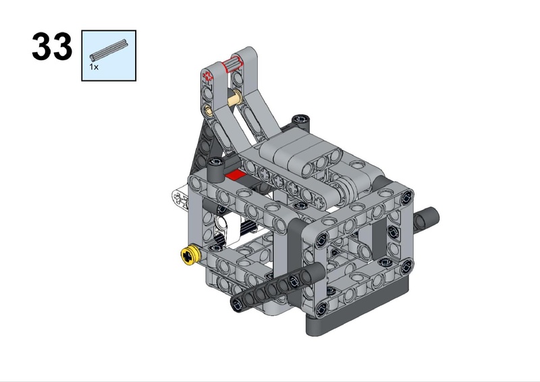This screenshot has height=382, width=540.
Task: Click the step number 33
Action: tap(52, 46)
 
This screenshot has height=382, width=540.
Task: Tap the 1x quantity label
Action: tap(94, 67)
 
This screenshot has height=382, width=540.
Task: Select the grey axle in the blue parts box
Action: tap(109, 50)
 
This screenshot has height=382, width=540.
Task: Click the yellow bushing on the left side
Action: tap(190, 256)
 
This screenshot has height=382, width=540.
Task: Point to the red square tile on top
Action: tap(236, 175)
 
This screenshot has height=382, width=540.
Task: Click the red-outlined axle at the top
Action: tap(232, 65)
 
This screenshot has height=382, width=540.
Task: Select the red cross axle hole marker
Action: tap(208, 76)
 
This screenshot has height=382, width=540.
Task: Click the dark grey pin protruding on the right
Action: tap(426, 219)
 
